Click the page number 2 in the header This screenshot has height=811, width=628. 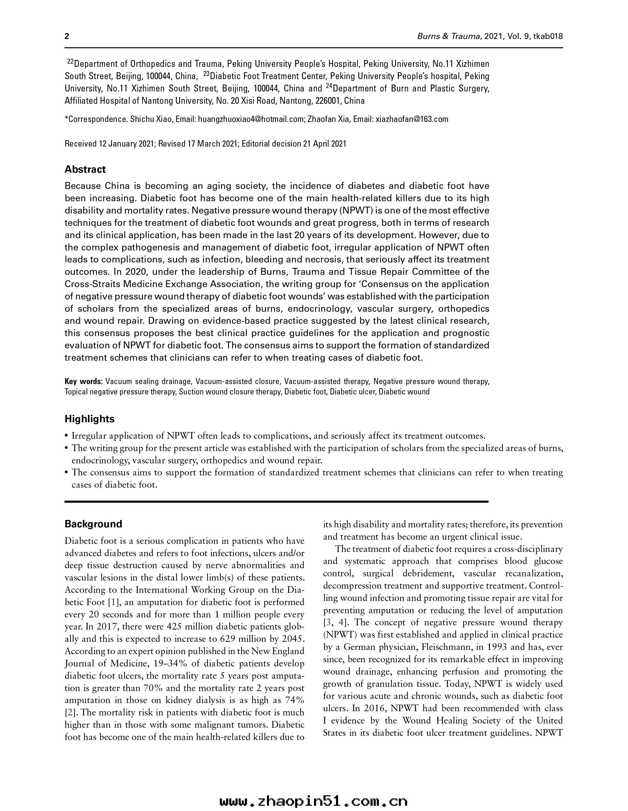pyautogui.click(x=67, y=36)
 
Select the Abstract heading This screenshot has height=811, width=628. pyautogui.click(x=85, y=169)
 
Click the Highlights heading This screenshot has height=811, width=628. pyautogui.click(x=89, y=419)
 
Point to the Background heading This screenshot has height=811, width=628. pyautogui.click(x=93, y=524)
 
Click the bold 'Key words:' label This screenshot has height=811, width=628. pyautogui.click(x=84, y=381)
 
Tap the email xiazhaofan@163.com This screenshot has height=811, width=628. pyautogui.click(x=412, y=119)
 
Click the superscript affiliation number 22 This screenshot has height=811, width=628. pyautogui.click(x=70, y=61)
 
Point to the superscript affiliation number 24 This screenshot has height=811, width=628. pyautogui.click(x=329, y=86)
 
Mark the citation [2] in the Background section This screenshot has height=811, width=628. pyautogui.click(x=71, y=713)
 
